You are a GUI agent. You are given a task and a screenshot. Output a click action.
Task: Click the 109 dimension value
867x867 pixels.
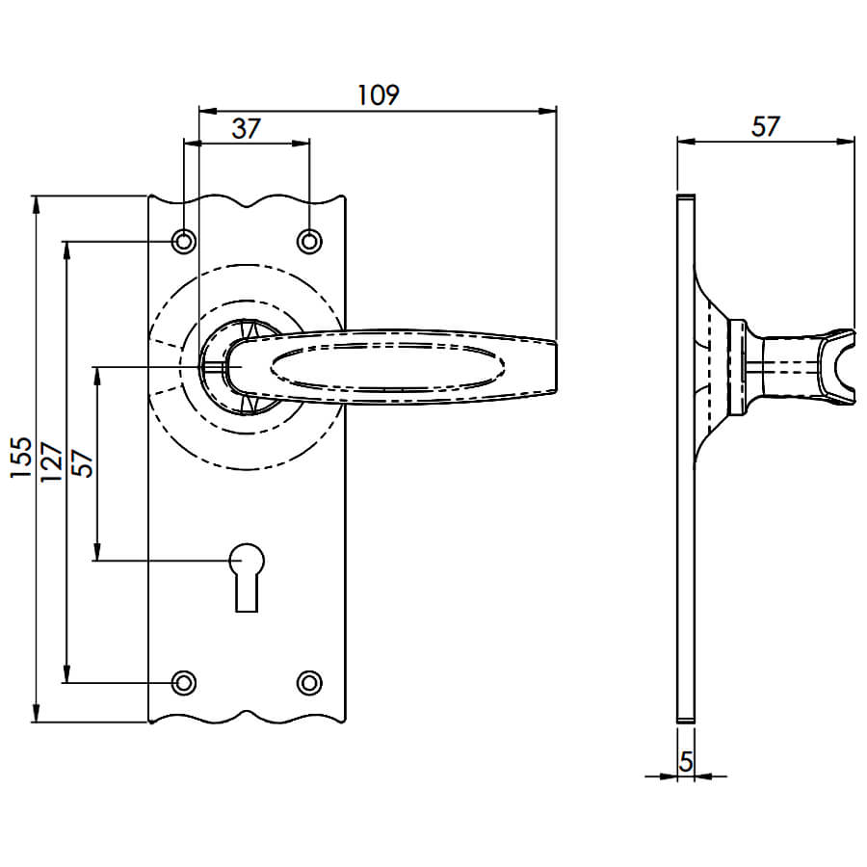[379, 95]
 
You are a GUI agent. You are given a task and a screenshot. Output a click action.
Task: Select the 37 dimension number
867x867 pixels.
[246, 129]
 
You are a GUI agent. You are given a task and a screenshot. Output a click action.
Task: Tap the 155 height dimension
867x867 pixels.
[21, 458]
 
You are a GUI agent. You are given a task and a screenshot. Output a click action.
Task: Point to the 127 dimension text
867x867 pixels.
[52, 461]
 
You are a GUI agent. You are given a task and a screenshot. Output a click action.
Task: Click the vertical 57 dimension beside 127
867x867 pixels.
[83, 463]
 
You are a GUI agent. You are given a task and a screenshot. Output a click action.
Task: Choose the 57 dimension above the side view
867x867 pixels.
[765, 126]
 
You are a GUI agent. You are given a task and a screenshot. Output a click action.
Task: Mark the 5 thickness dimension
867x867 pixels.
[686, 763]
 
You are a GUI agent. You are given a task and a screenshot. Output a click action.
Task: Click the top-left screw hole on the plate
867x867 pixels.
[184, 242]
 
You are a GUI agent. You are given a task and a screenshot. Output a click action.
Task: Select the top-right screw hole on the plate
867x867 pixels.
[309, 242]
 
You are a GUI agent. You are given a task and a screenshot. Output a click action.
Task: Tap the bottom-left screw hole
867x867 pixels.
[184, 683]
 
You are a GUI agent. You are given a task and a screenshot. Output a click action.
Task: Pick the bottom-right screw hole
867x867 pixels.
[309, 683]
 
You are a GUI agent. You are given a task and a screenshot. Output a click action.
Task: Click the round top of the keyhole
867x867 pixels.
[247, 560]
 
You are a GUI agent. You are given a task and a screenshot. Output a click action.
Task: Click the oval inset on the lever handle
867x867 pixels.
[387, 366]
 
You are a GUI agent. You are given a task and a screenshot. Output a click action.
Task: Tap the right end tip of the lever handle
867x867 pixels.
[555, 367]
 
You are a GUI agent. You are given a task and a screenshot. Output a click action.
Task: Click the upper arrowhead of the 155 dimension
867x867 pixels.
[37, 204]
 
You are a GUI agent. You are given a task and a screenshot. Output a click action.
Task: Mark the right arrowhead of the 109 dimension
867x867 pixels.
[547, 111]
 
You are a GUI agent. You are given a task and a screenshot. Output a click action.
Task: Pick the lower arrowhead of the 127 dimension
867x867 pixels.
[66, 674]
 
